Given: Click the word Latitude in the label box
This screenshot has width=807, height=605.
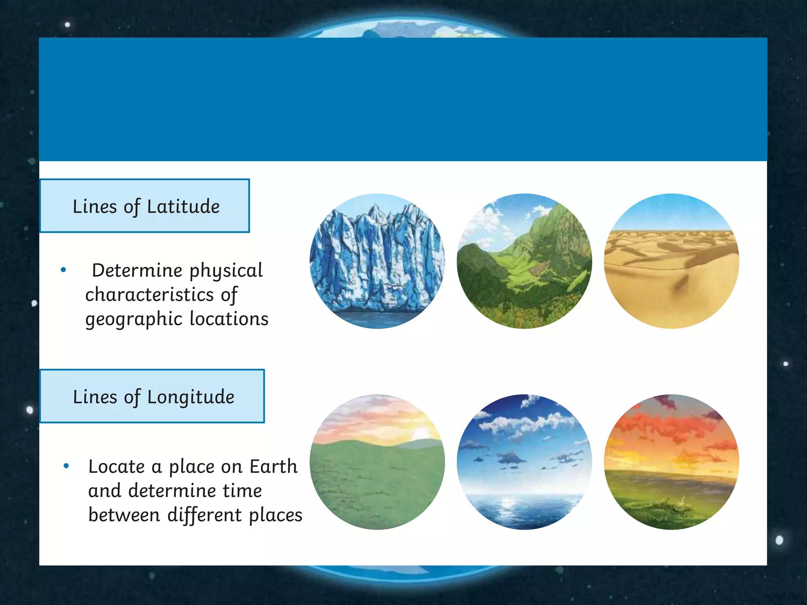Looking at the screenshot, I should point(183,206).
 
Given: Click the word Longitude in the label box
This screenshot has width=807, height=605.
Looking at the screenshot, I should point(191,397).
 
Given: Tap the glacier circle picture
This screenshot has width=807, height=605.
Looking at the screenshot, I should point(377,261).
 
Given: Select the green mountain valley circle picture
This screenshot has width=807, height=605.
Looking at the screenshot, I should point(524,261).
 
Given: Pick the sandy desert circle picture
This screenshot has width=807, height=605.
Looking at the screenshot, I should point(671,261).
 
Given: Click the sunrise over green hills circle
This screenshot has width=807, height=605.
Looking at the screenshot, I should point(377,462).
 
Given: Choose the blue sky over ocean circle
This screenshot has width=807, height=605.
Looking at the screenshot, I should point(524,462).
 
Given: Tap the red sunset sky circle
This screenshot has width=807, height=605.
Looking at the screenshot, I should point(671,462).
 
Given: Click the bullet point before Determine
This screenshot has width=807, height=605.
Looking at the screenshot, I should point(63,270).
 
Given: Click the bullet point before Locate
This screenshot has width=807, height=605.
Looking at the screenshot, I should point(66,466).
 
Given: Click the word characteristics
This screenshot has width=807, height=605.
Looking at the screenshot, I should point(149,295).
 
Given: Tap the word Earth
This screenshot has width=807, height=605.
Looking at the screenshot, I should point(273,467).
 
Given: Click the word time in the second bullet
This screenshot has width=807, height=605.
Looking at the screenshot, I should point(242,491).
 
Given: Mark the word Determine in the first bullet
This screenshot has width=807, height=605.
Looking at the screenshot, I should point(137,271).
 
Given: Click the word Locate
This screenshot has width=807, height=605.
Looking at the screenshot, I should point(117,467).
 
